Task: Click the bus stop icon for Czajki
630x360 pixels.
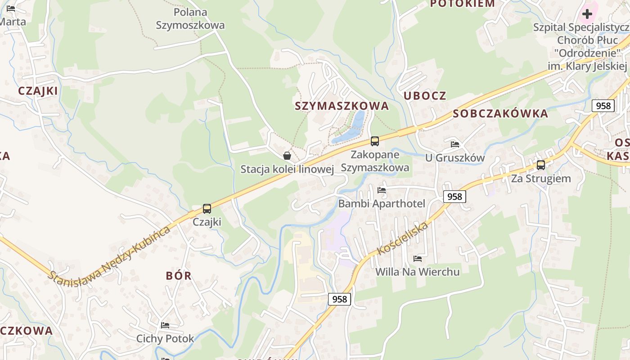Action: (207, 209)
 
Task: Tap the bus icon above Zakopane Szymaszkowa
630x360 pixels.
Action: (375, 141)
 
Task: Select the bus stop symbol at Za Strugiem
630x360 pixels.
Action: (541, 165)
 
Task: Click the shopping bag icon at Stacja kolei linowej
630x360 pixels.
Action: (287, 156)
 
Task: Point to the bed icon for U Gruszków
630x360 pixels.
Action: (455, 144)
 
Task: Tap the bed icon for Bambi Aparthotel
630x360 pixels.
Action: (382, 190)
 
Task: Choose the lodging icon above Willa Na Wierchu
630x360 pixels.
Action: (418, 259)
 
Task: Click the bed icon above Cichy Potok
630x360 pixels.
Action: (165, 325)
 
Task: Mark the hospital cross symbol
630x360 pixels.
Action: (587, 14)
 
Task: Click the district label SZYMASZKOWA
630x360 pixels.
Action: (342, 106)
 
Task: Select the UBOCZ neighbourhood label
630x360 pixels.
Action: (425, 95)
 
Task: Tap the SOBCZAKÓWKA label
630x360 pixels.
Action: (500, 113)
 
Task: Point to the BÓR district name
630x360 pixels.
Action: (179, 276)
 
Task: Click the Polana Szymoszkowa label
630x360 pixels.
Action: (190, 18)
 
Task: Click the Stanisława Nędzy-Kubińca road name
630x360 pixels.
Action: (110, 254)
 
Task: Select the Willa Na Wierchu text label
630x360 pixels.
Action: (418, 272)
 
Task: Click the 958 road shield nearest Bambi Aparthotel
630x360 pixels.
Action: (454, 197)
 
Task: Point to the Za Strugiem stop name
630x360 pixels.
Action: (541, 179)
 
